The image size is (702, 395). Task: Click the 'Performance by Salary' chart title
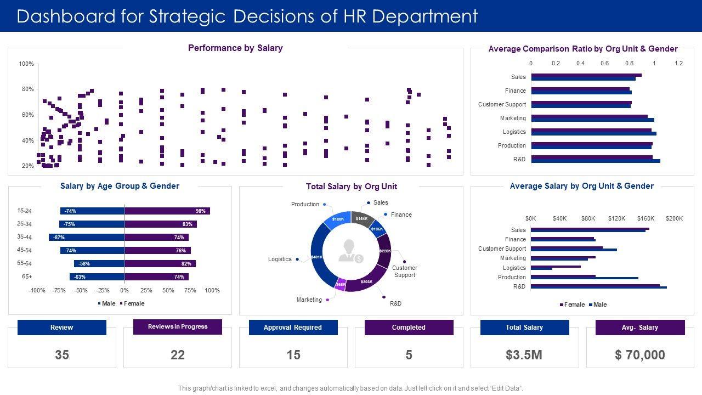click(235, 48)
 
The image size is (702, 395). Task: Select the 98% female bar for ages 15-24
click(167, 211)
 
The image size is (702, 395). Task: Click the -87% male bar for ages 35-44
click(87, 238)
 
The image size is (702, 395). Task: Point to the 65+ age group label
click(26, 276)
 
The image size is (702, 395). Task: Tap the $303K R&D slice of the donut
click(366, 281)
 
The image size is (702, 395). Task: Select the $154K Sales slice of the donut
click(361, 218)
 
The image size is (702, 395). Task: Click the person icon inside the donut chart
click(350, 251)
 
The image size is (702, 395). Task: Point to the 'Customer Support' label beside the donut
click(405, 272)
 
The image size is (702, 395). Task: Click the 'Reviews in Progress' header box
click(178, 327)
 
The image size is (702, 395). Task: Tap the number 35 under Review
click(62, 355)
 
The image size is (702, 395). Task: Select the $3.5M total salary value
click(524, 355)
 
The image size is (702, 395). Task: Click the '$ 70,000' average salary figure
click(640, 355)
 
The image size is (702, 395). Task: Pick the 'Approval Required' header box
click(293, 328)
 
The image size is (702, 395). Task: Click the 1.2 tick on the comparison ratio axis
click(678, 64)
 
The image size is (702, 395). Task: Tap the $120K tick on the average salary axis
click(617, 218)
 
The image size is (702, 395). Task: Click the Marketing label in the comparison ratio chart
click(513, 119)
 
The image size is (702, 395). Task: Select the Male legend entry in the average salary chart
click(598, 304)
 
